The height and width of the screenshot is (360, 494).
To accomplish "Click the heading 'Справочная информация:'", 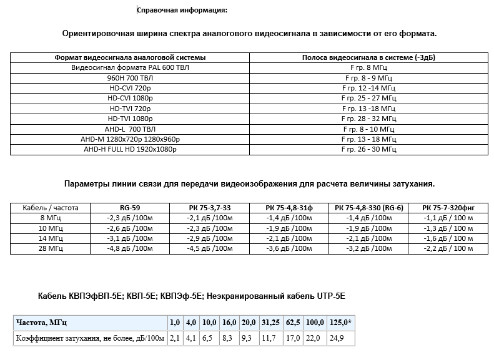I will coord(182,10).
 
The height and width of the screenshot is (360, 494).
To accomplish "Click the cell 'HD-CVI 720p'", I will coord(130,88).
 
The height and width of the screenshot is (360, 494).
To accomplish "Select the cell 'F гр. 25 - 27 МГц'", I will coord(368,98).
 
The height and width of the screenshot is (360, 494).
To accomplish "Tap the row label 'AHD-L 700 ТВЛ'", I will coord(130,129).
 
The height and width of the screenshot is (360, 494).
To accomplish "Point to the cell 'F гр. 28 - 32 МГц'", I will coord(368,119).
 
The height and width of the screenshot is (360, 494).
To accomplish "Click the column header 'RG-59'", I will coord(131,208).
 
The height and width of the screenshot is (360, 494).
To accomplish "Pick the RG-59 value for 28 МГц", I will coord(131,248).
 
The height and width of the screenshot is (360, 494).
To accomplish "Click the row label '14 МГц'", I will coord(51,238).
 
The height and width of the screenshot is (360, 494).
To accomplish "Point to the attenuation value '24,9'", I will coord(336,338).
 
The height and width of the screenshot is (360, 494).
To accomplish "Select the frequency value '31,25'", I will coord(270,323).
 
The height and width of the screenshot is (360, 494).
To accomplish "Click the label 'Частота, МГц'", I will coord(42,323).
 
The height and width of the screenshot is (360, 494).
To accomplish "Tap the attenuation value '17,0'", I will coord(292,338).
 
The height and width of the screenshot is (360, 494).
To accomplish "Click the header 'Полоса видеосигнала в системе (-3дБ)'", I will coord(368,57).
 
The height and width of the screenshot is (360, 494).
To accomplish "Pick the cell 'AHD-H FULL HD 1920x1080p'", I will coord(130,149).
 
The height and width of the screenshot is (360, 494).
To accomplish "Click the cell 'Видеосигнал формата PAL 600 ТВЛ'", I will coord(130,67).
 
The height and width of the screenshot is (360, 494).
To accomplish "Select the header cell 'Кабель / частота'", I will coord(51,208).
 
